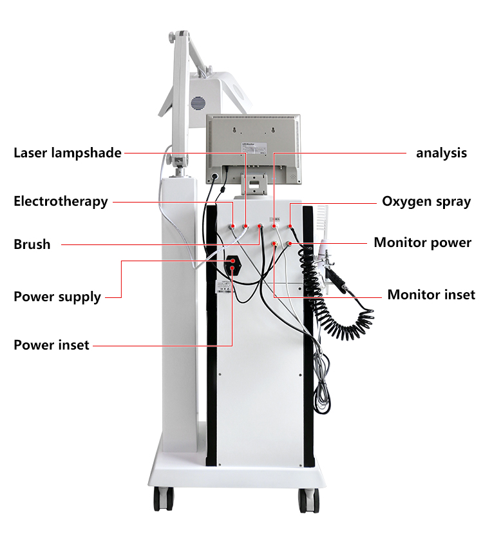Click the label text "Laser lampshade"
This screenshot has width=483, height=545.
[x=68, y=153]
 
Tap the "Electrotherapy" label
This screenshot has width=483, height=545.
[x=61, y=201]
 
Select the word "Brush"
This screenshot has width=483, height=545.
[x=32, y=244]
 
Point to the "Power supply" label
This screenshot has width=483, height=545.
[x=57, y=297]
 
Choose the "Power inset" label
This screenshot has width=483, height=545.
[x=52, y=345]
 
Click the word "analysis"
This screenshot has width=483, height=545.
[x=441, y=153]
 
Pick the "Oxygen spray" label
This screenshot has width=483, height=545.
[x=426, y=201]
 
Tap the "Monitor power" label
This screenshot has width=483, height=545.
[x=422, y=243]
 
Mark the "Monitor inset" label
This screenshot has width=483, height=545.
[x=431, y=295]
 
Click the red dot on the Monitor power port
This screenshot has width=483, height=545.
[x=290, y=244]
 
